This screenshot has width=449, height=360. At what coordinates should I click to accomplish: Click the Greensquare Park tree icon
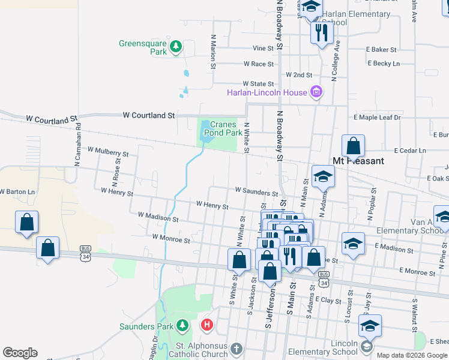[176, 47]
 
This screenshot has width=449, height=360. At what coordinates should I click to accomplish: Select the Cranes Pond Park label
[222, 128]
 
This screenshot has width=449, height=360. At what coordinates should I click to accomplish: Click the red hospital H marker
[207, 326]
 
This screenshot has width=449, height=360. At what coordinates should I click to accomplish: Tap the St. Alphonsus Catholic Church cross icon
[237, 348]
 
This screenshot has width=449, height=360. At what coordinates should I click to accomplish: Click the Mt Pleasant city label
[358, 161]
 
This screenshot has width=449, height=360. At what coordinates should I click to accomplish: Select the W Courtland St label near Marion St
[149, 115]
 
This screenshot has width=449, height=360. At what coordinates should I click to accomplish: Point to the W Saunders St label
[256, 191]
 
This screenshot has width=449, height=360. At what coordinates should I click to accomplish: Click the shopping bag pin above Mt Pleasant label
[353, 146]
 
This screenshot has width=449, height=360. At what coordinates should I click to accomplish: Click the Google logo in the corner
[20, 353]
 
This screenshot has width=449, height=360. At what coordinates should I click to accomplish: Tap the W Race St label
[259, 64]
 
